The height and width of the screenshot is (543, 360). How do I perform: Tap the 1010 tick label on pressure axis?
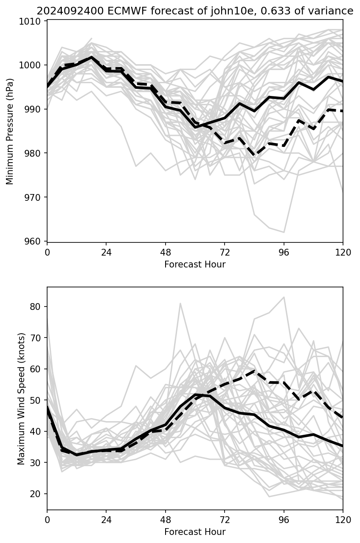pos(32,21)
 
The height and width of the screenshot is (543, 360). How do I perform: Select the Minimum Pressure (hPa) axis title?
pos(10,131)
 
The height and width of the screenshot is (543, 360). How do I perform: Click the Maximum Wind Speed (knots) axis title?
pos(21,398)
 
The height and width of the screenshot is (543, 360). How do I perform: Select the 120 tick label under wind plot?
pos(343,520)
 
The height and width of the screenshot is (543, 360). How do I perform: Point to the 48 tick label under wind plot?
pos(166,520)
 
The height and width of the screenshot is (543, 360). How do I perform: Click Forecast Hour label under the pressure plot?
pos(195,264)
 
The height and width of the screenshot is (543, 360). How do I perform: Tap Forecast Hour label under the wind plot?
pos(195,532)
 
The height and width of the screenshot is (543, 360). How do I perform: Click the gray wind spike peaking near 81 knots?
pos(180,303)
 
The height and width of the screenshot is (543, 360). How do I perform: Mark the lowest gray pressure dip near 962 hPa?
pos(284,232)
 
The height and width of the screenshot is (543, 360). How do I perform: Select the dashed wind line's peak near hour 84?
pos(254,371)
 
